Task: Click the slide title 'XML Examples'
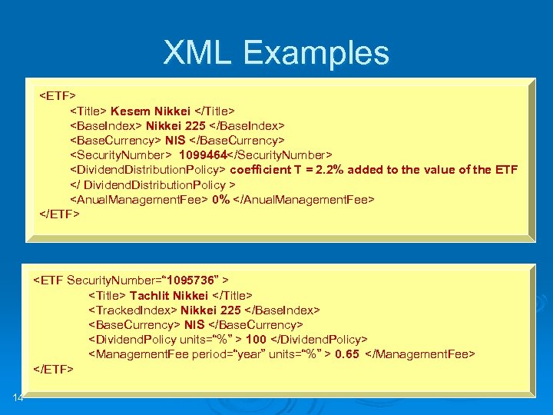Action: point(276,52)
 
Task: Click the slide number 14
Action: point(18,397)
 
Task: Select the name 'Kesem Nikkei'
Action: point(151,111)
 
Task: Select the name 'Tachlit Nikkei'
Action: point(169,295)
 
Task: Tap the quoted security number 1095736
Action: point(184,280)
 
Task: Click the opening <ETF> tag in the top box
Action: point(58,96)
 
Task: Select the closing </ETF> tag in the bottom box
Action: point(53,369)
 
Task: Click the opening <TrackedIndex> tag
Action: point(132,310)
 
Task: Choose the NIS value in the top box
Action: point(175,140)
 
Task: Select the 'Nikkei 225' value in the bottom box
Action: point(210,310)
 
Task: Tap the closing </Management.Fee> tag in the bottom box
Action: point(422,354)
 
